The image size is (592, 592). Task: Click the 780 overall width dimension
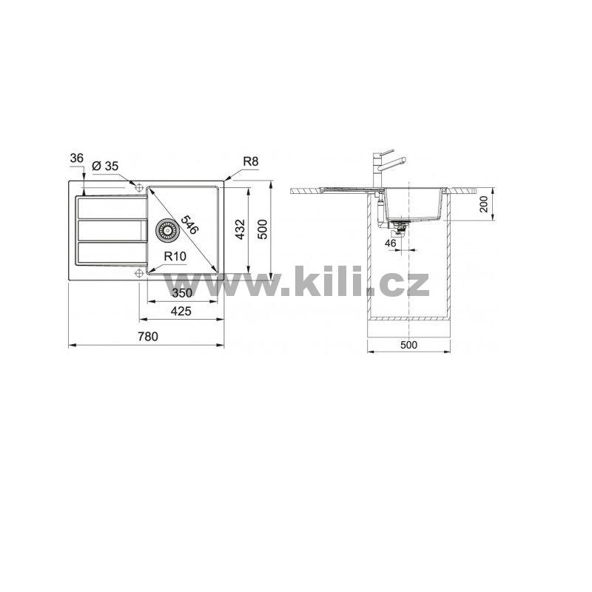(147, 336)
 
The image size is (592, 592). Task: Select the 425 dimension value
(181, 311)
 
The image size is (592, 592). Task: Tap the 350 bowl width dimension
(182, 293)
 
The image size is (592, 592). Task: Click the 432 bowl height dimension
(240, 229)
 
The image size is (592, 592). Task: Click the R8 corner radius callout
(251, 161)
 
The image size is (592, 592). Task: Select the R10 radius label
(175, 256)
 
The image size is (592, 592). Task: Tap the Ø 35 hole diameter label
(105, 166)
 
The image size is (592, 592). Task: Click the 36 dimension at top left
(77, 158)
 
